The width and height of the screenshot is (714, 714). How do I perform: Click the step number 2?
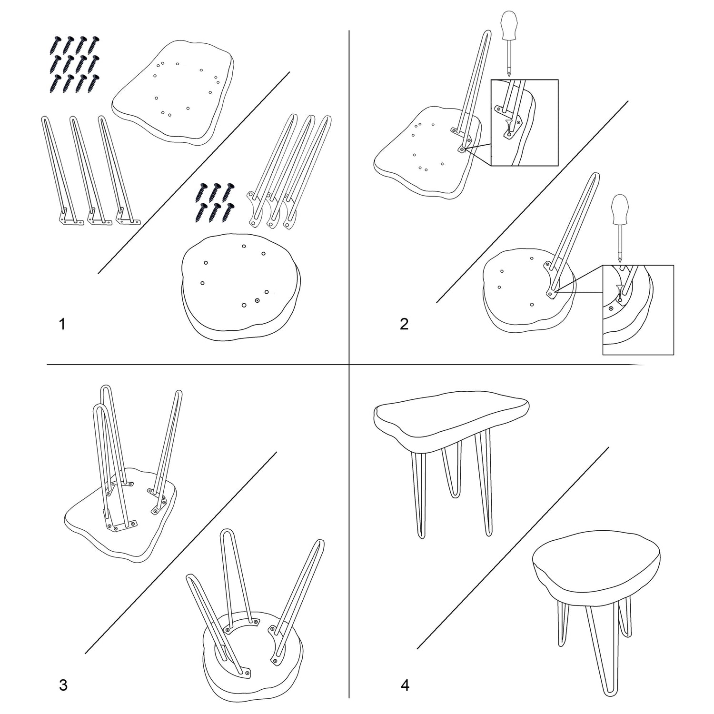tap(404, 324)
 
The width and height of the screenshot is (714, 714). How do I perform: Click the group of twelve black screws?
tap(74, 64)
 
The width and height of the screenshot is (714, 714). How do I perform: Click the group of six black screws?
tap(216, 203)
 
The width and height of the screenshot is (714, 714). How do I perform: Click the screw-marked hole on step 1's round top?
tap(258, 300)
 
